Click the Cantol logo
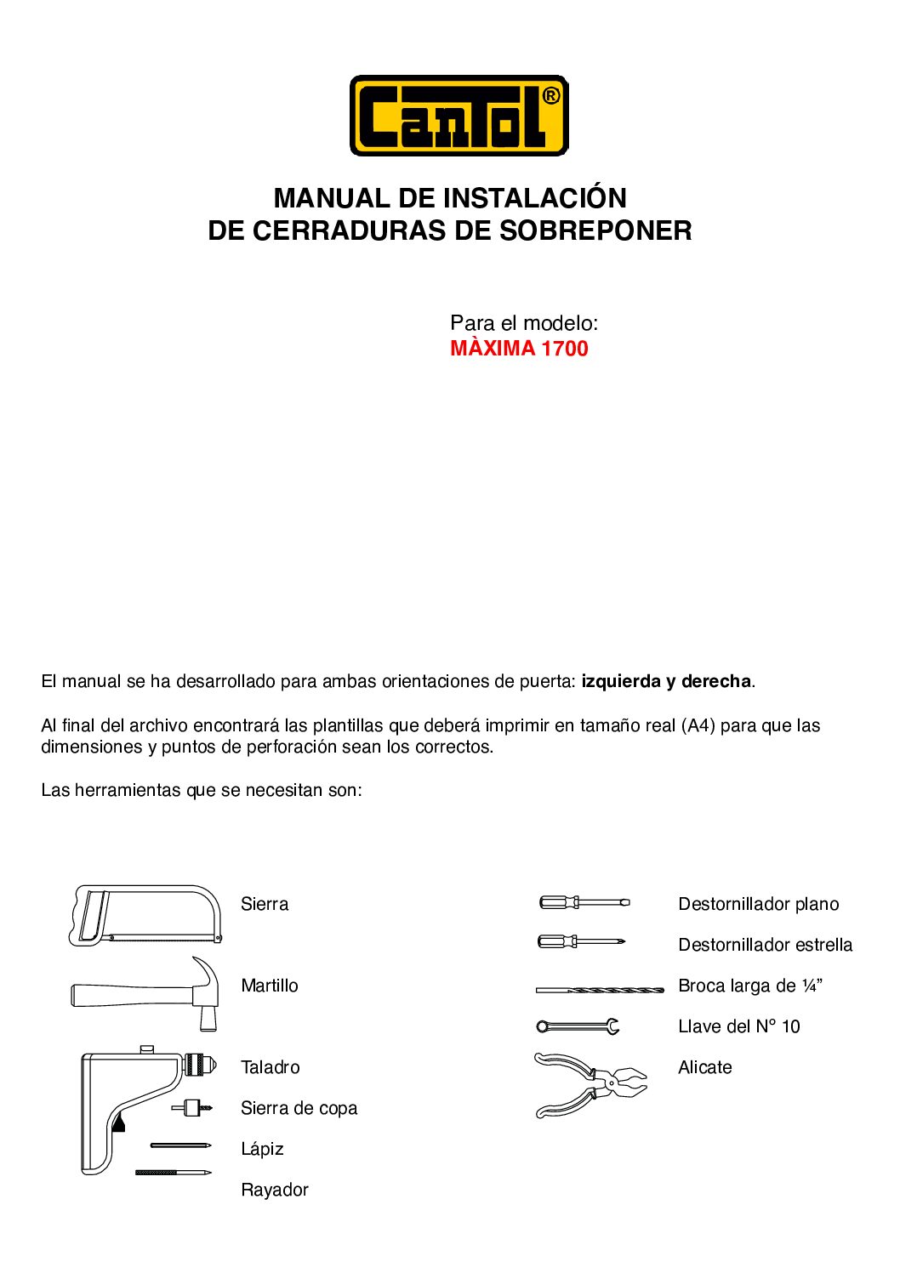[459, 116]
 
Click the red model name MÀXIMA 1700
[519, 349]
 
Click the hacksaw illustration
[145, 915]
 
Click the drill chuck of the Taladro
[201, 1065]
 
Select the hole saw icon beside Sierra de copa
[192, 1108]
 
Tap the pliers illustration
[590, 1084]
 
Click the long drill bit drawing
[600, 990]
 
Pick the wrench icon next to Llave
[578, 1026]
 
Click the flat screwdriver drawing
[584, 902]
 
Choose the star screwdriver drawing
[582, 941]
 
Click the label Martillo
[270, 986]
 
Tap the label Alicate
[705, 1067]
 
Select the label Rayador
[275, 1190]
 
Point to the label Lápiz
[262, 1149]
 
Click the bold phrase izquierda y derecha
[666, 681]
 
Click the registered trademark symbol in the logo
[550, 96]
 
